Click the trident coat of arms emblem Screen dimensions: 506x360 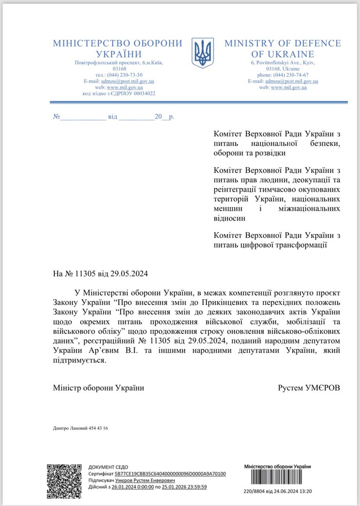[203, 53]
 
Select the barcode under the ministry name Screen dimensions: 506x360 [276, 480]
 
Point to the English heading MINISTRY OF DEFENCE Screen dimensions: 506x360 [282, 43]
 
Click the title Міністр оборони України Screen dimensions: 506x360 [98, 388]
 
